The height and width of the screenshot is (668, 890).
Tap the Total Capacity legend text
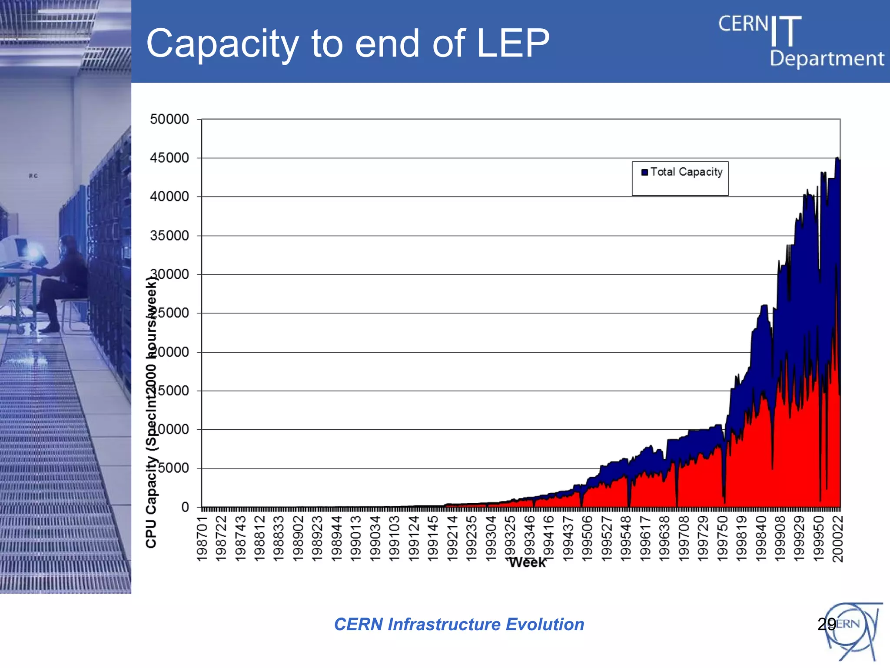click(686, 172)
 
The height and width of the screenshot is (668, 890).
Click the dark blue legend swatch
click(644, 172)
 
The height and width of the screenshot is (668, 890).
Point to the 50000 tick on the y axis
click(169, 119)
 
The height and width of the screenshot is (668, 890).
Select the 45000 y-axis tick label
click(169, 158)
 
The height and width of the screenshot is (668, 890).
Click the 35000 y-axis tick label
click(169, 236)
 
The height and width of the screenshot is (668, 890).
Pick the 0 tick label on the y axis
click(185, 507)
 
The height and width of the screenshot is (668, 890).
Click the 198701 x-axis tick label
click(202, 538)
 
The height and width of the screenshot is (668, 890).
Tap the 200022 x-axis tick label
click(837, 538)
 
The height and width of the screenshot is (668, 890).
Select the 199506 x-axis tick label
click(587, 538)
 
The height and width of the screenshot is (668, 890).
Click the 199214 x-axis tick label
click(452, 538)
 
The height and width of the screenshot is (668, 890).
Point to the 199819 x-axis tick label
click(741, 538)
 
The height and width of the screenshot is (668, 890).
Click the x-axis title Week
click(527, 562)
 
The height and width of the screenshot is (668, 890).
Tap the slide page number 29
click(826, 624)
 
